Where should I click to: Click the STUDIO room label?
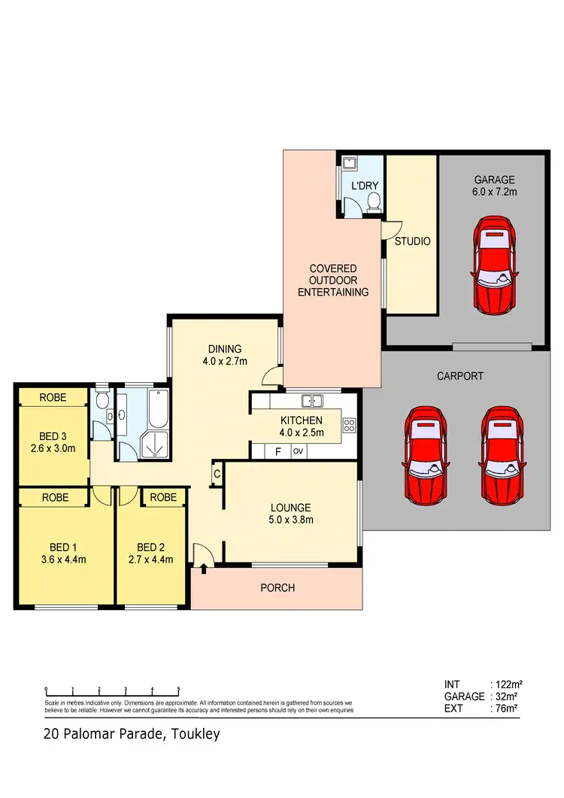pyautogui.click(x=412, y=241)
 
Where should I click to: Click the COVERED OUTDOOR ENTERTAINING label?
pyautogui.click(x=332, y=280)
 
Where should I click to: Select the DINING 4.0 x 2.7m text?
pyautogui.click(x=225, y=354)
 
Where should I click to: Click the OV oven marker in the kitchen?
pyautogui.click(x=298, y=451)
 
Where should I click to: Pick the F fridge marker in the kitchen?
pyautogui.click(x=277, y=451)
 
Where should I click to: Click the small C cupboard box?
pyautogui.click(x=217, y=474)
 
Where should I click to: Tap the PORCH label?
pyautogui.click(x=277, y=587)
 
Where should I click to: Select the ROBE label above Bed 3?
pyautogui.click(x=53, y=396)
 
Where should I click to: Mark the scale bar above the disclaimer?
pyautogui.click(x=112, y=689)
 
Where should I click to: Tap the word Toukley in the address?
pyautogui.click(x=193, y=733)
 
